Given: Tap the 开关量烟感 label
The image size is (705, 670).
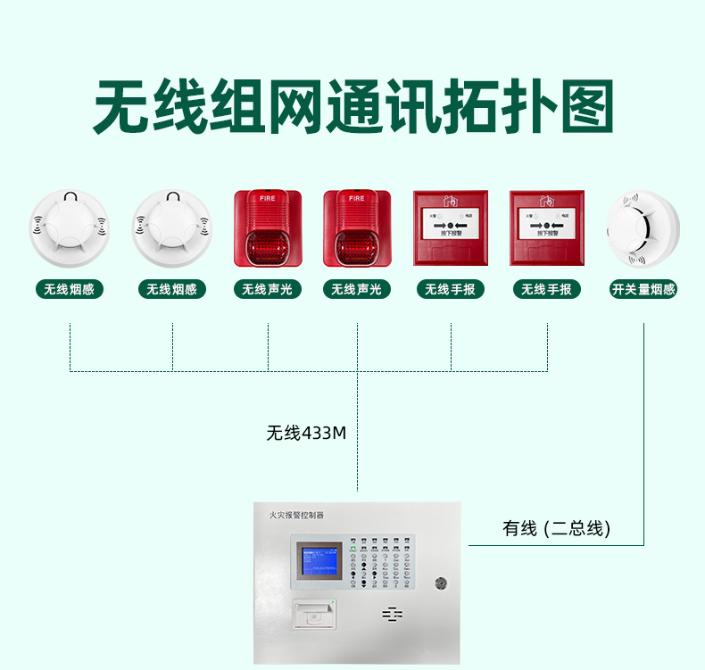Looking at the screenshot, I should [x=643, y=289].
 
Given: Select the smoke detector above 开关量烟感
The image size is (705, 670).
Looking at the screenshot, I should [x=643, y=228].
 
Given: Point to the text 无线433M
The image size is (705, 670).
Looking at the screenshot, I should [x=305, y=434].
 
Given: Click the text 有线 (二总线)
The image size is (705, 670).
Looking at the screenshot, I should [x=557, y=528].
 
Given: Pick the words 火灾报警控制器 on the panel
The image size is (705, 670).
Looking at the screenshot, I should [x=296, y=515].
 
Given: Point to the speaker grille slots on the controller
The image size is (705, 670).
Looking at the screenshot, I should [x=393, y=615].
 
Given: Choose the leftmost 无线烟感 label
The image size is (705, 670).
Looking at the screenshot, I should [x=69, y=289].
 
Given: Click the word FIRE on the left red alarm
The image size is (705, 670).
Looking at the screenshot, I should [x=268, y=198].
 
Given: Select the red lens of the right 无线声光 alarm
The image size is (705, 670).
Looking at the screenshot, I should [x=357, y=244].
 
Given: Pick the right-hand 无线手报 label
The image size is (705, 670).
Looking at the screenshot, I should [x=547, y=289].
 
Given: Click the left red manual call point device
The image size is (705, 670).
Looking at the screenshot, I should [x=451, y=227].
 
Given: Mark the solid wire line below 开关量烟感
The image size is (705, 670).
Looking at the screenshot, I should [x=643, y=428].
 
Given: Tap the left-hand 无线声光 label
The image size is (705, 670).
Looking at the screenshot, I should [x=268, y=289].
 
